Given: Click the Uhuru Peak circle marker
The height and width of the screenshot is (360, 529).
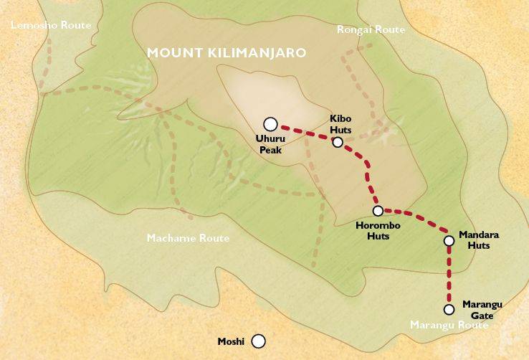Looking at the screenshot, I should coord(270,123).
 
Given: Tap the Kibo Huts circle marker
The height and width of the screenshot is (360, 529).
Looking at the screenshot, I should coord(338,142).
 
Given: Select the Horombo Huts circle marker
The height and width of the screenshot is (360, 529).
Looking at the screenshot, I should coord(378,211).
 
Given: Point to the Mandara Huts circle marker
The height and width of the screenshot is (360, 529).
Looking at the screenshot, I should coord(449,241).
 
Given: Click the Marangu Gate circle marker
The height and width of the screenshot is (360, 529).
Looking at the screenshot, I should coord(449,310).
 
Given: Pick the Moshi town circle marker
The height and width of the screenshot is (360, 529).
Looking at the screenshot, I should coord(258,341).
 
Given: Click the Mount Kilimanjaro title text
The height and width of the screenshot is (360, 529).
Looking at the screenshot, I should coord(226,53).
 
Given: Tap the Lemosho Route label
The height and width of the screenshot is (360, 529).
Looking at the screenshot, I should coord(51,25).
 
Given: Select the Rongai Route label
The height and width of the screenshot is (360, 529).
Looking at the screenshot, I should coord(371,29).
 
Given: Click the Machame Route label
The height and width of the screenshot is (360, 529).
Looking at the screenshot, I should coord(188,238).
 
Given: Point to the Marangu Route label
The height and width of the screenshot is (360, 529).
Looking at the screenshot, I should coord(448,326).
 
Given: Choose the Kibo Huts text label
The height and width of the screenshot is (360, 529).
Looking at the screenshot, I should coord(340,122).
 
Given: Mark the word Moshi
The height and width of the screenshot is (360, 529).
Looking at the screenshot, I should coord(231,341).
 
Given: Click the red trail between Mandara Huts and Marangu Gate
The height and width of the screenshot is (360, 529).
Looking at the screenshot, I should coord(449,276).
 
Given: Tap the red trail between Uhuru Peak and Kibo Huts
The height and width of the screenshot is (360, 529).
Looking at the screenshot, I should coord(305,131).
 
